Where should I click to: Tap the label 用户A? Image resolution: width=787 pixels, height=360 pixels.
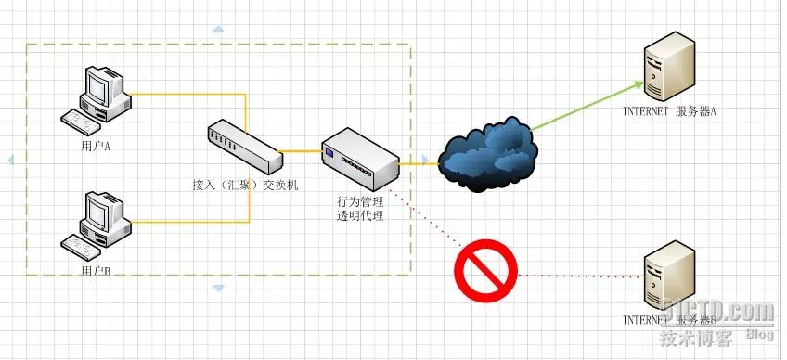[x=96, y=146]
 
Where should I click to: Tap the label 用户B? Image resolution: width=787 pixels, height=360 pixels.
[x=96, y=270]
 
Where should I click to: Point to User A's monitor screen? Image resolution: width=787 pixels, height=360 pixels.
[x=97, y=84]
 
